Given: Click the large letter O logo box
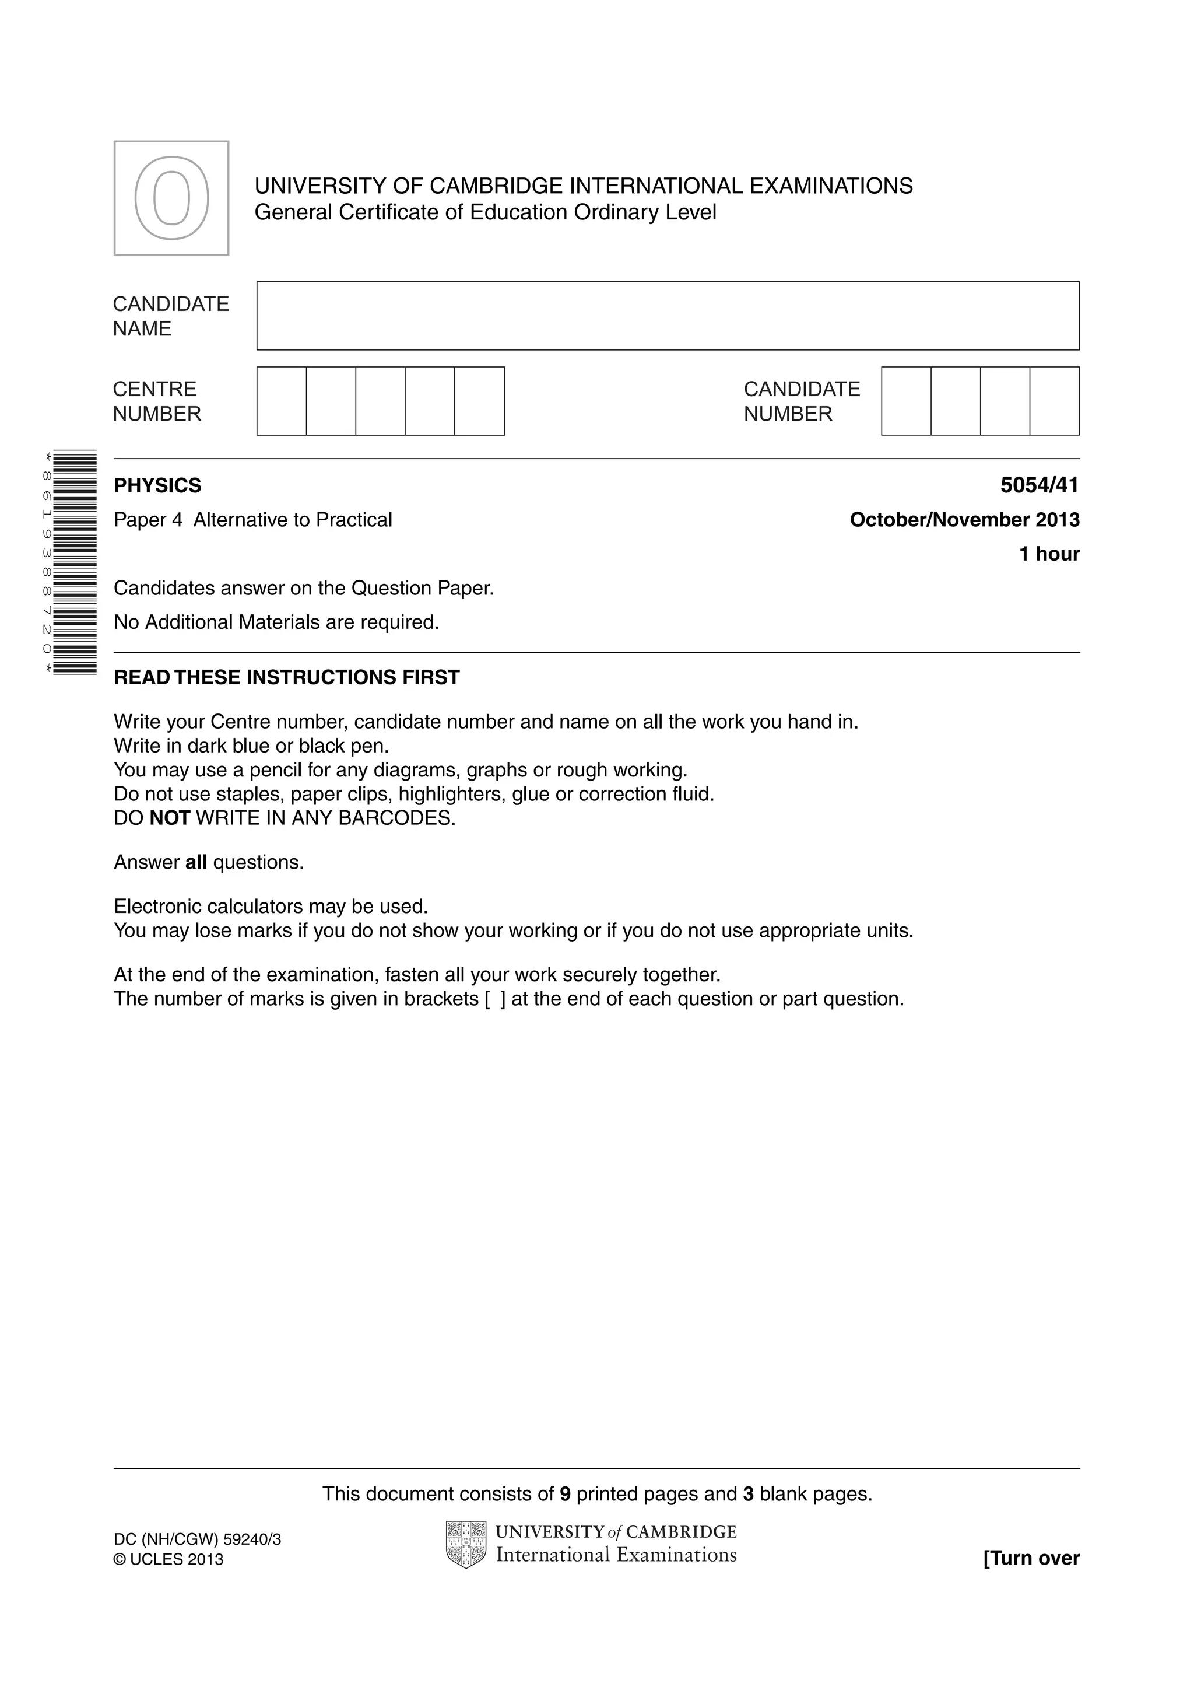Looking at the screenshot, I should point(171,198).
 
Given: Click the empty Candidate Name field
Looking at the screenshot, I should point(668,316).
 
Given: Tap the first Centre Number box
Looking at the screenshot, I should point(282,401).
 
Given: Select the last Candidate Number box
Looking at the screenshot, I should point(1054,401).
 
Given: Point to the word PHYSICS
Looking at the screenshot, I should point(157,486).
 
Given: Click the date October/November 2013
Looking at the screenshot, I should point(964,520).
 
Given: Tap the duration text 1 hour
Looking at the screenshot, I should point(1048,554).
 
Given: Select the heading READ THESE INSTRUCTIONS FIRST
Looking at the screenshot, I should point(286,677).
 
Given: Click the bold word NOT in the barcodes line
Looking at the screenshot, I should point(170,818).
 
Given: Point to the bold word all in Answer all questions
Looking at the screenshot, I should point(196,862).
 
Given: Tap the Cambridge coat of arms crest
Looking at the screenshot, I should point(466,1544).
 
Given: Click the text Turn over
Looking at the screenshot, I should point(1031,1558).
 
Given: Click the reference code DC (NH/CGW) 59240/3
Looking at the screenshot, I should point(197,1539).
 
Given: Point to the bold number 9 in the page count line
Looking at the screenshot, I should point(565,1493).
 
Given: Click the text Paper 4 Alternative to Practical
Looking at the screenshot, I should point(253,520).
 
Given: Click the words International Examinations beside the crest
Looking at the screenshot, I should point(616,1555).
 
